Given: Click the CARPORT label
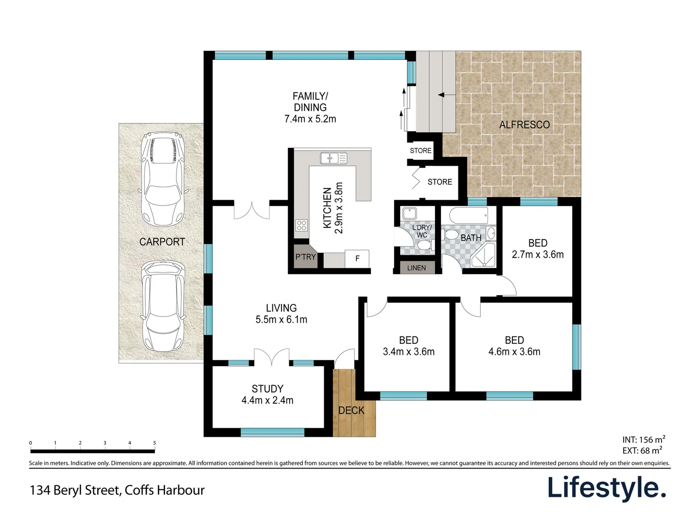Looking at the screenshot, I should point(162,242).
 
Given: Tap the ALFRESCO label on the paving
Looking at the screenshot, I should point(525,125).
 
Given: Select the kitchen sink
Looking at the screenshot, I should point(333,158).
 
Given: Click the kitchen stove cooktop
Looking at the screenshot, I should point(301,225).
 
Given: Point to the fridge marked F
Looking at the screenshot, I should point(357,259).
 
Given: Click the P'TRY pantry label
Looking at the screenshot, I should point(305,257).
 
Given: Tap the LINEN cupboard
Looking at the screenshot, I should point(416,268).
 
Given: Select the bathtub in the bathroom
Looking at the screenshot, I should point(469,215).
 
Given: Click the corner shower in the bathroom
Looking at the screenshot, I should point(483,256).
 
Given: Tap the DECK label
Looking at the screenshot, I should point(351,410).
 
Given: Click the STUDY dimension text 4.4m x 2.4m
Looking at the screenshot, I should point(267,401).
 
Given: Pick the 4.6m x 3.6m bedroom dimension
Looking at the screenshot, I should point(514,352).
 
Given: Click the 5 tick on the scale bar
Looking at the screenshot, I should point(155,443).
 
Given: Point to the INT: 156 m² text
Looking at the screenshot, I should point(644,439).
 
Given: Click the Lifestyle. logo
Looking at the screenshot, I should point(607,488).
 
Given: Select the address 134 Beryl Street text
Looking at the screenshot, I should point(117,490).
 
